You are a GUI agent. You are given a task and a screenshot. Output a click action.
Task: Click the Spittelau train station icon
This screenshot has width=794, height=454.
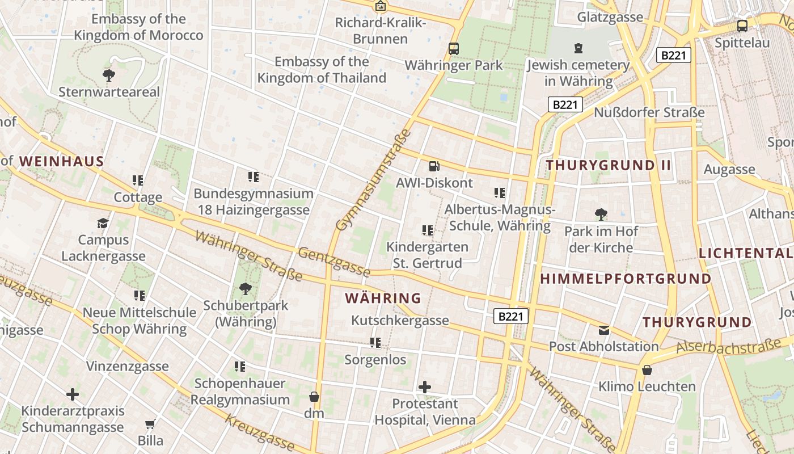742,26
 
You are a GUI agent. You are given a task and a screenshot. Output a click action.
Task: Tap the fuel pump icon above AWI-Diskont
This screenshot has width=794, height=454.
434,166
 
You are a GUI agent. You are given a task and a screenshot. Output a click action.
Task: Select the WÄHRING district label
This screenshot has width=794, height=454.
383,298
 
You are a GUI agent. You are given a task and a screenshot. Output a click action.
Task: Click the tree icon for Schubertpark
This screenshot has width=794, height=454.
245,289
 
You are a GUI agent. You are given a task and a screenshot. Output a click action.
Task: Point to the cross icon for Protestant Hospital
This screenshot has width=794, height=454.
425,387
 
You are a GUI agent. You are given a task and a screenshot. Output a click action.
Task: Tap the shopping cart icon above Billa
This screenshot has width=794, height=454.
150,424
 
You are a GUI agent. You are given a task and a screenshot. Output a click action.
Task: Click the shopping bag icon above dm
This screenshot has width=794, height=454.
314,396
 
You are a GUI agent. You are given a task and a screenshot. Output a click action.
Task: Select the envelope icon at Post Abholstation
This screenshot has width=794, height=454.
604,330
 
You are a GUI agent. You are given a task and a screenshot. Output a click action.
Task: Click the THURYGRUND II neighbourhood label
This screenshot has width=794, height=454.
609,166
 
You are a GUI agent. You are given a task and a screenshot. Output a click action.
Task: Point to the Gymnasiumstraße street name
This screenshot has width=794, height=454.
372,180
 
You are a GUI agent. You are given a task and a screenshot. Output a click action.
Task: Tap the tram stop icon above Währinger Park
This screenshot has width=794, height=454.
453,48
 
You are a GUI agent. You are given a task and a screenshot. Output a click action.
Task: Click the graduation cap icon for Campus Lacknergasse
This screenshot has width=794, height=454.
103,223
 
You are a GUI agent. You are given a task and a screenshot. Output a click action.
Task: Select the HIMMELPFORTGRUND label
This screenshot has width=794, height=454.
626,279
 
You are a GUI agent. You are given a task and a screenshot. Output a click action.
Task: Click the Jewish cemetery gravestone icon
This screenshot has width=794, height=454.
578,48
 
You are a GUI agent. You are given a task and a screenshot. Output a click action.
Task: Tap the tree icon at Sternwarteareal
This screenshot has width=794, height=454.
108,74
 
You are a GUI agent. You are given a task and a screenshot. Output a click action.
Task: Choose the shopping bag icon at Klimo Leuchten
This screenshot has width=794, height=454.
647,370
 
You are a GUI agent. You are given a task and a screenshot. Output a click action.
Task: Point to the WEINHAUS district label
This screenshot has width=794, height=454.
62,162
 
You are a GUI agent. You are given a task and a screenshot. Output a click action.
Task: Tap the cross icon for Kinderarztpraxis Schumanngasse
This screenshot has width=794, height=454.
72,394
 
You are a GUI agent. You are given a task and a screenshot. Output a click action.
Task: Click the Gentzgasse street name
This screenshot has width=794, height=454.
334,262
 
